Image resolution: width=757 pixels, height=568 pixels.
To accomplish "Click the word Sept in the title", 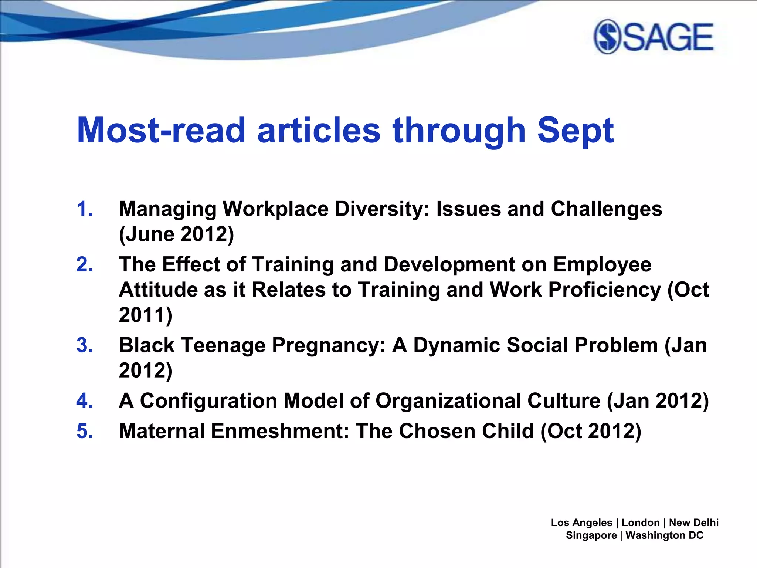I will tap(575, 130).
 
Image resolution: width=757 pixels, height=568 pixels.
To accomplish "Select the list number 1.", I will tap(84, 209).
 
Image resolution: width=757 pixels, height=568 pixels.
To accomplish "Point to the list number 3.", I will tap(84, 345).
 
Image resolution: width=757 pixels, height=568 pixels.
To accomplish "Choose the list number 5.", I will tap(84, 431).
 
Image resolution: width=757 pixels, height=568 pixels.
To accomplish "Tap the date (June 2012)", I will tap(177, 234).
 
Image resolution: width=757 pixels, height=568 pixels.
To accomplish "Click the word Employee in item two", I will tap(602, 265).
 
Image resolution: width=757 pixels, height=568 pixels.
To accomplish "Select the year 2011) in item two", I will tap(146, 315).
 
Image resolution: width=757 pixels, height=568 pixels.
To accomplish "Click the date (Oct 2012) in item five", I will tap(591, 431).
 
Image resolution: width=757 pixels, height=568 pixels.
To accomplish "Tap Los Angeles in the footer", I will tap(581, 523).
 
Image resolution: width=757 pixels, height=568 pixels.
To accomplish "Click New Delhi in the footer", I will tap(693, 523).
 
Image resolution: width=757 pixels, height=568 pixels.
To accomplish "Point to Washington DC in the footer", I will tap(664, 535).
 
